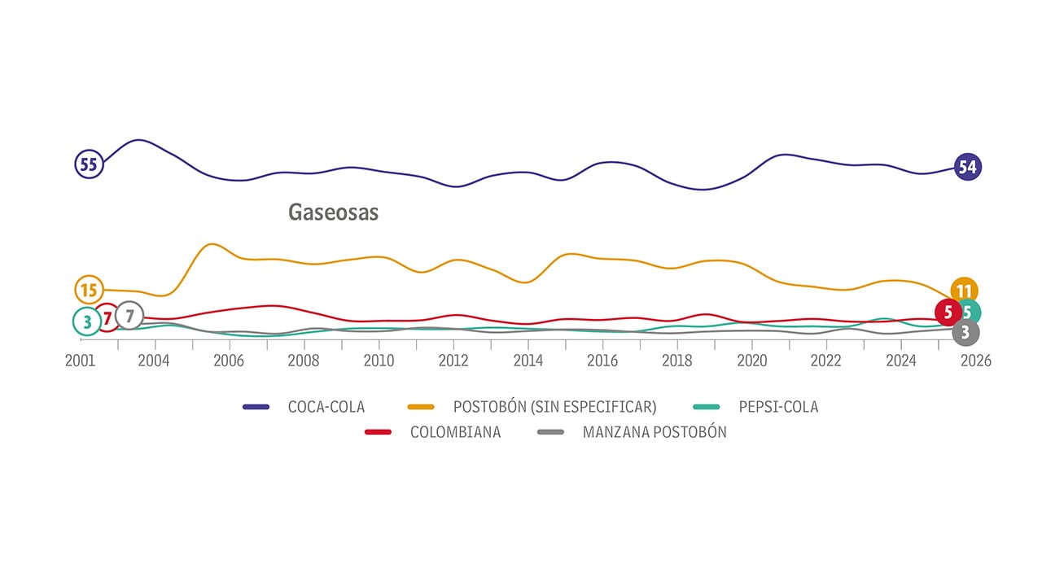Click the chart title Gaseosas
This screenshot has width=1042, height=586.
pos(334,212)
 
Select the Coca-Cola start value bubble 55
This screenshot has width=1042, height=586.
pos(88,164)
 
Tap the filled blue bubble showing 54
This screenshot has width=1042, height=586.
pos(967,167)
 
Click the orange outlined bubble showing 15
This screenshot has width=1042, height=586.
pos(88,289)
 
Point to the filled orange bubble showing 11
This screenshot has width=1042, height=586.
pos(964,291)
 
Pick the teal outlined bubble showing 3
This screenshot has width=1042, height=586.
pos(86,321)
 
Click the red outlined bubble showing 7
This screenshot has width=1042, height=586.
pos(107,317)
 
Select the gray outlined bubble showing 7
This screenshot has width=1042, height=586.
pos(129,315)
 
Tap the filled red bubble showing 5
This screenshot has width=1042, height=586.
pos(948,312)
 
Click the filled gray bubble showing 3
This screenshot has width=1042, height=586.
pos(965,332)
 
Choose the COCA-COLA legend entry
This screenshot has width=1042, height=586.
pos(326,407)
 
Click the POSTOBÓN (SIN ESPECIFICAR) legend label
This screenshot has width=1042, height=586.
pos(554,407)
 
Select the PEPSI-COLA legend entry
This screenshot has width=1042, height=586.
pos(778,407)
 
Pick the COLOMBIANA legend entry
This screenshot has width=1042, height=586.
pos(455,432)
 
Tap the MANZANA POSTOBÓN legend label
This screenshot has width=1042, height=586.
pos(655,432)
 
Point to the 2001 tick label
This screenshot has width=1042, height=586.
pos(81,361)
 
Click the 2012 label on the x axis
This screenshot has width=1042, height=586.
pos(453,361)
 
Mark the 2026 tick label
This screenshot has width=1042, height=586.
pos(975,361)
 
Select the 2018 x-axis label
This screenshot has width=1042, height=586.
pos(677,361)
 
